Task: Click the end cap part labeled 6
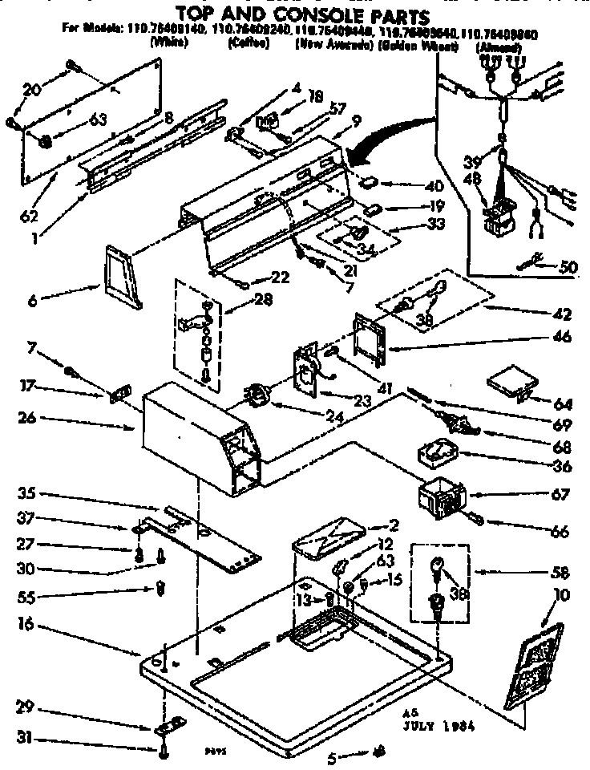[x=123, y=278]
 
